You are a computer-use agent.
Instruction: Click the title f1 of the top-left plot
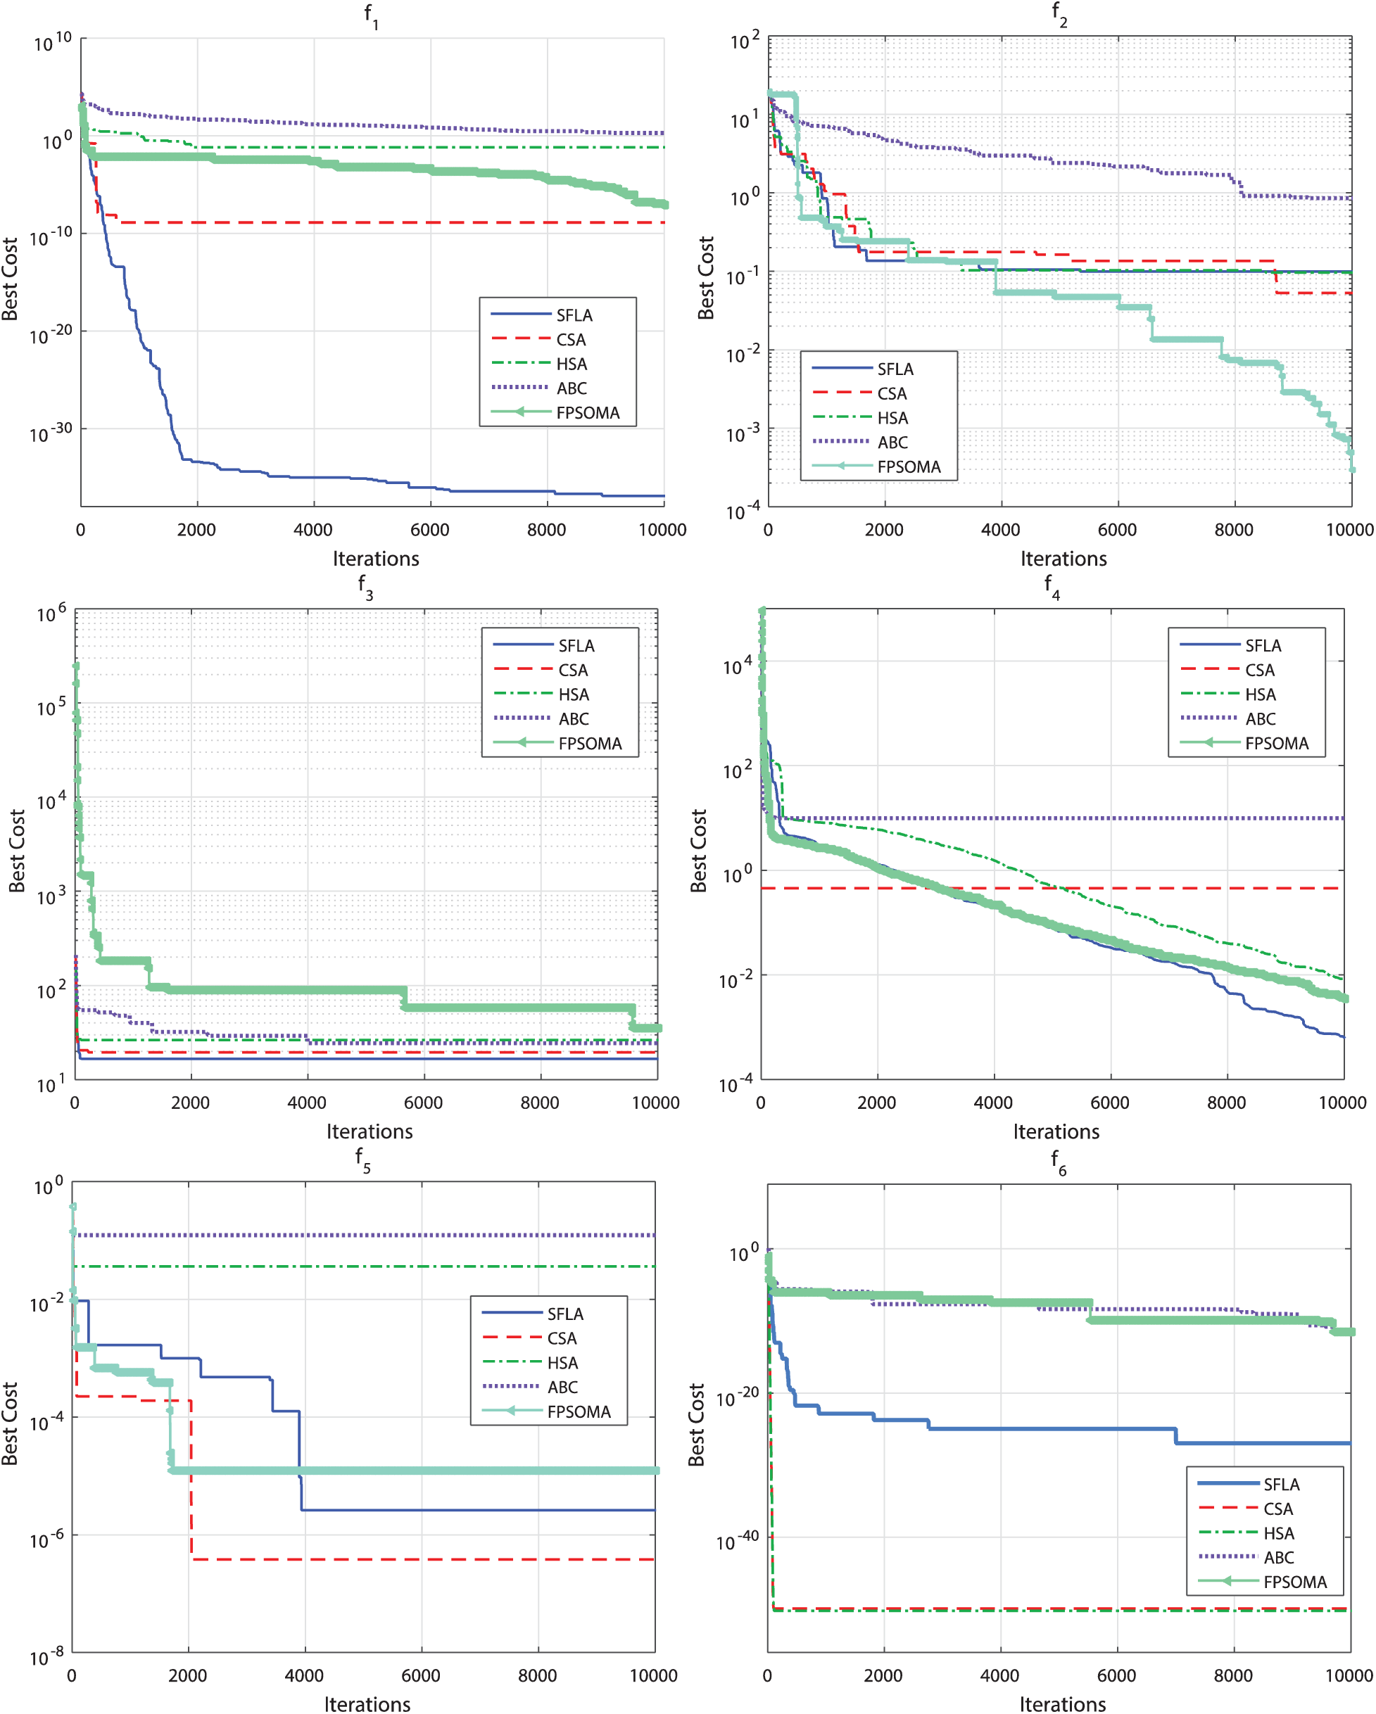pos(372,16)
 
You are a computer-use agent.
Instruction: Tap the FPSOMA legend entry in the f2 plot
pos(909,466)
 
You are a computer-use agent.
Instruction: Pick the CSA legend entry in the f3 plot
pos(573,670)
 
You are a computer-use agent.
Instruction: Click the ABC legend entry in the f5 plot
pos(562,1388)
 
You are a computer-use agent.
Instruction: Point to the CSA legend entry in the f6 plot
pos(1278,1509)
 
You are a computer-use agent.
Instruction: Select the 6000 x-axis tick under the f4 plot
pos(1109,1103)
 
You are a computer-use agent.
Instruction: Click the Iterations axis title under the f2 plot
pos(1063,559)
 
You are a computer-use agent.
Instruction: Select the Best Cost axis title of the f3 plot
pos(17,851)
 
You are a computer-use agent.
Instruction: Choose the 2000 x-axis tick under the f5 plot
pos(188,1676)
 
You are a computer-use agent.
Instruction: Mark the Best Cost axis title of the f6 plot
pos(697,1425)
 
